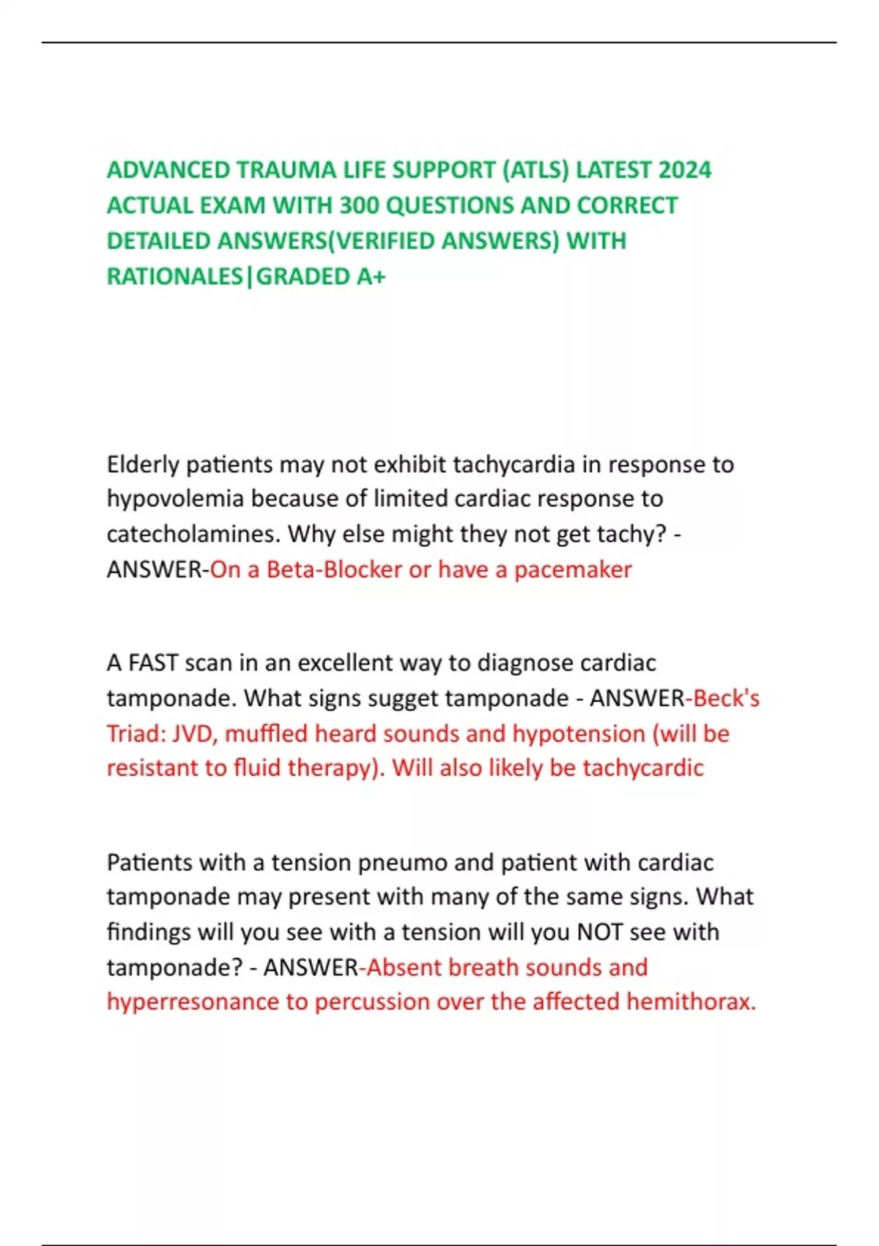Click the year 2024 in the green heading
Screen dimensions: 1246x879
coord(685,170)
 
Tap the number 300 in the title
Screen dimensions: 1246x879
coord(359,206)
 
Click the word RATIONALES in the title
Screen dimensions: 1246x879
coord(174,276)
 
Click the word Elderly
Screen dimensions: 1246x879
coord(143,465)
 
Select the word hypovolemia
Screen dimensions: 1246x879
coord(175,499)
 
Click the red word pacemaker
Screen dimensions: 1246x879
coord(573,569)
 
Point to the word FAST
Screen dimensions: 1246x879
coord(153,663)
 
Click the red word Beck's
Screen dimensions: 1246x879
coord(726,698)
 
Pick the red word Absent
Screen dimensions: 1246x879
coord(404,967)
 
